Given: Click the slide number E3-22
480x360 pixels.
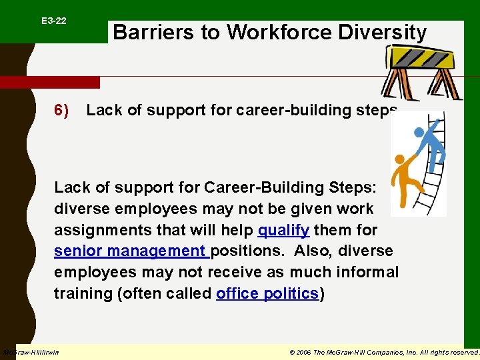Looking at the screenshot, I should pos(53,21).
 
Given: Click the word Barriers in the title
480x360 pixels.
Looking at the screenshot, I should pos(145,33).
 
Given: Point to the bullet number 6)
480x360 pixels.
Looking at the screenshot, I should pos(62,111).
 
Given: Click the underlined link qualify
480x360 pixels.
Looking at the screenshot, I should pos(283,231).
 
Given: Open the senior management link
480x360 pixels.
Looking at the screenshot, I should pos(131,251).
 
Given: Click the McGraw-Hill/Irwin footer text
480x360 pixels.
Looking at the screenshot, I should pos(31,352).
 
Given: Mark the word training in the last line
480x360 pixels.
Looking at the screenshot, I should pos(83,294).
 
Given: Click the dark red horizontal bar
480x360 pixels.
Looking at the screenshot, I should pos(50,83).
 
